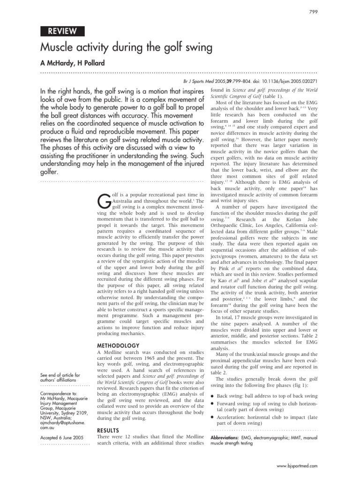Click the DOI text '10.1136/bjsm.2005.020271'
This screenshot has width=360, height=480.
coord(287,81)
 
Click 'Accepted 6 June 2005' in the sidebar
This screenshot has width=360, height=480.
coord(62,438)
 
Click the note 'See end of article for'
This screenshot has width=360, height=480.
coord(60,375)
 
